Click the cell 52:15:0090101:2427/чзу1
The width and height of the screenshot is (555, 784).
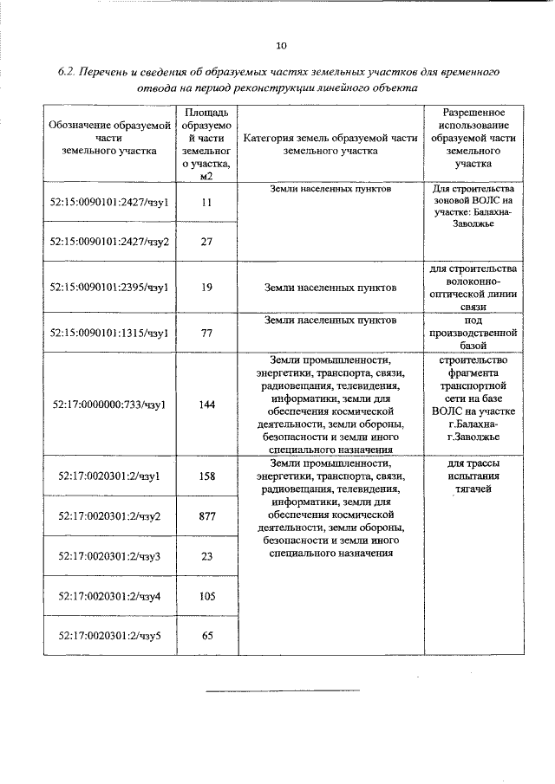(x=109, y=202)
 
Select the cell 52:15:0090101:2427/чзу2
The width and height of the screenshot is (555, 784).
(x=109, y=242)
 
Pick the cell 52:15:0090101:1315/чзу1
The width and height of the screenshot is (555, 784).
(x=109, y=332)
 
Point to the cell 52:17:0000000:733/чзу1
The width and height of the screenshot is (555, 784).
(x=109, y=404)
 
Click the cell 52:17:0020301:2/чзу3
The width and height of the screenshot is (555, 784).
(x=109, y=556)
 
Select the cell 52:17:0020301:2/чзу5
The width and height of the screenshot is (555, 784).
(x=109, y=636)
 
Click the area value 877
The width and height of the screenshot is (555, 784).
(x=206, y=516)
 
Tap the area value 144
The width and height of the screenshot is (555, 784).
(x=206, y=404)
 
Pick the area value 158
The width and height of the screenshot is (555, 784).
(x=206, y=476)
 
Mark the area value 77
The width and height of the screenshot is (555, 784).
(x=206, y=332)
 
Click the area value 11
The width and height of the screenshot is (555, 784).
(x=206, y=202)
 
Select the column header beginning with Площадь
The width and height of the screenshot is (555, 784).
(x=206, y=144)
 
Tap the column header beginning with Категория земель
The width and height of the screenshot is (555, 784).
(x=330, y=144)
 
